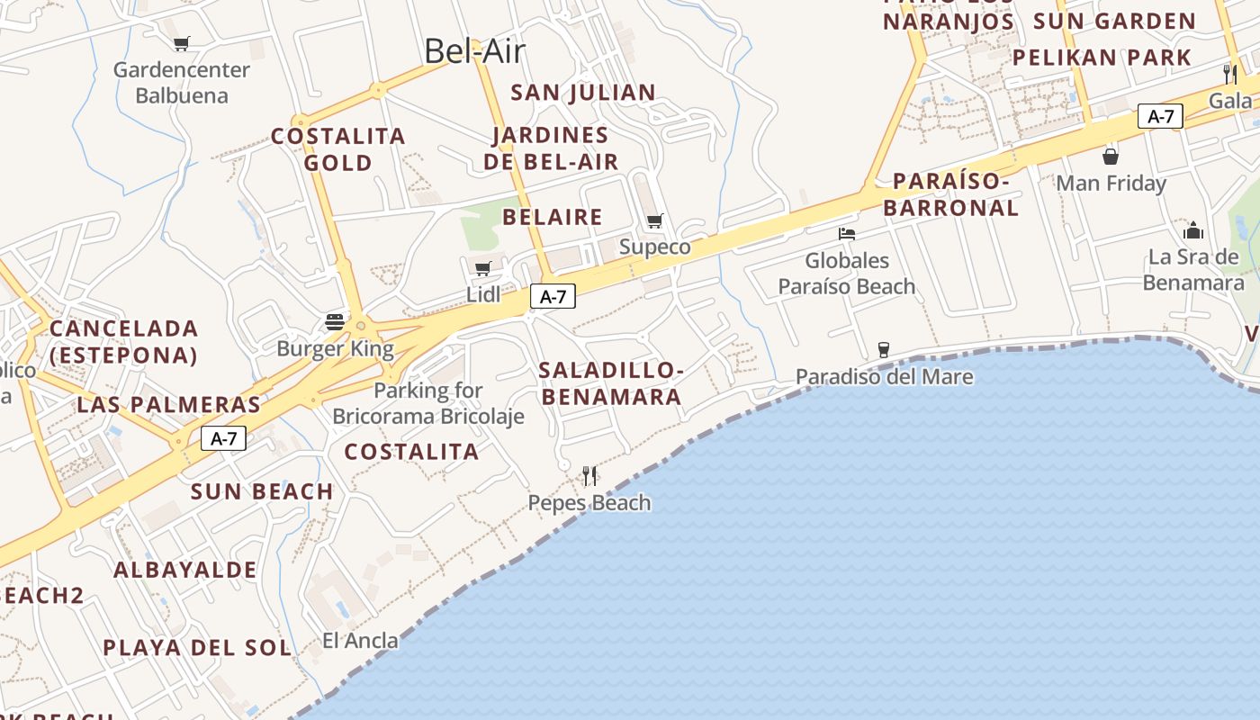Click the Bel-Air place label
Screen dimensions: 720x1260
[x=474, y=51]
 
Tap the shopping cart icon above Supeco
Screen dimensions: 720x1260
[x=655, y=221]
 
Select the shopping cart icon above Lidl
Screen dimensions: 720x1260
[x=483, y=268]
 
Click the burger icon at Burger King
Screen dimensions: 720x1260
[x=336, y=322]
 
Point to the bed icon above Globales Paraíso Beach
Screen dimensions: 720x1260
[x=847, y=234]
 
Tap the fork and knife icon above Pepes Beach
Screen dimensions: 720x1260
[x=589, y=475]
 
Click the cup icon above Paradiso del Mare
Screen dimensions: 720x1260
[x=884, y=349]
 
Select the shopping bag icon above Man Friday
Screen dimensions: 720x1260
[x=1111, y=157]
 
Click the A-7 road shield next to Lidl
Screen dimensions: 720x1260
[x=553, y=296]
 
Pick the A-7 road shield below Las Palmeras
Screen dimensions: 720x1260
[x=223, y=438]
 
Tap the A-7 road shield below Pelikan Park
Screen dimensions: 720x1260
[x=1160, y=116]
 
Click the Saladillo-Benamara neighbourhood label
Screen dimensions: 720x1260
[x=610, y=383]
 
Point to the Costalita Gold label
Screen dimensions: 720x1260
[x=338, y=149]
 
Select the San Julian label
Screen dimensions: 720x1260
[x=583, y=93]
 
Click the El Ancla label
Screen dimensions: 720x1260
[x=360, y=641]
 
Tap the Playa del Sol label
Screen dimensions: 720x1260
[x=197, y=648]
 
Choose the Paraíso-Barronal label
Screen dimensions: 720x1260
[x=951, y=194]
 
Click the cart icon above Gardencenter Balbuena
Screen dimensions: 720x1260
[x=182, y=43]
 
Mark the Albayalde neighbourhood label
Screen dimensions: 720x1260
[x=185, y=570]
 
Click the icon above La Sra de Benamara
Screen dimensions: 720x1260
[x=1193, y=230]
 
